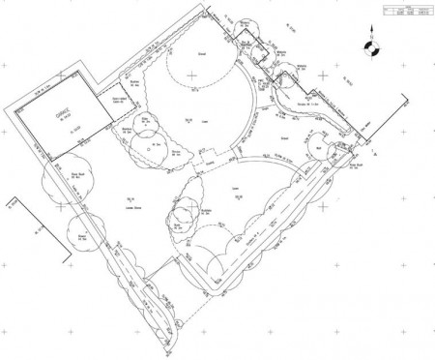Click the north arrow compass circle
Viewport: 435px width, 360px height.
coord(367,45)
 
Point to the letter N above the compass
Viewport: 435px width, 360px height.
coord(367,35)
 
